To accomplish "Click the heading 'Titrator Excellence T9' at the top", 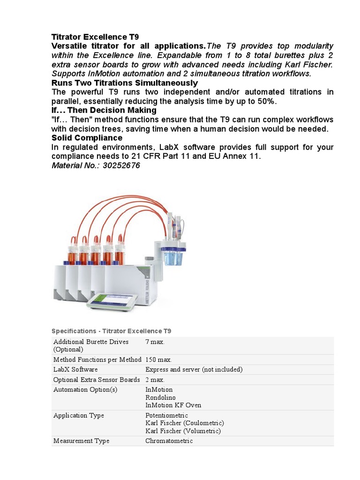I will (x=95, y=37).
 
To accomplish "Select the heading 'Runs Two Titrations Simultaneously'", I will (x=124, y=83).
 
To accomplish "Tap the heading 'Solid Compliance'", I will (x=87, y=138).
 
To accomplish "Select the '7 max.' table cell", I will (x=155, y=342).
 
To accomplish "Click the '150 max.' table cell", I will (x=158, y=360).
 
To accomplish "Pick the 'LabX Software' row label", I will (x=75, y=369).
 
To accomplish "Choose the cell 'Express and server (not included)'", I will (x=194, y=369).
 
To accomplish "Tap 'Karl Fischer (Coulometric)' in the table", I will (x=185, y=423).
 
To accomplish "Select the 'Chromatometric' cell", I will (x=169, y=441).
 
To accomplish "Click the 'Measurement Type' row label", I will (x=82, y=441).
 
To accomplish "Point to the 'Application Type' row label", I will (x=79, y=415).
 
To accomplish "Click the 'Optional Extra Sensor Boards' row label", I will (x=97, y=379).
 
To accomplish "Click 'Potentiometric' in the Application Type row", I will (x=166, y=415).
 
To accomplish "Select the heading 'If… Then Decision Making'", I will (x=104, y=110).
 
